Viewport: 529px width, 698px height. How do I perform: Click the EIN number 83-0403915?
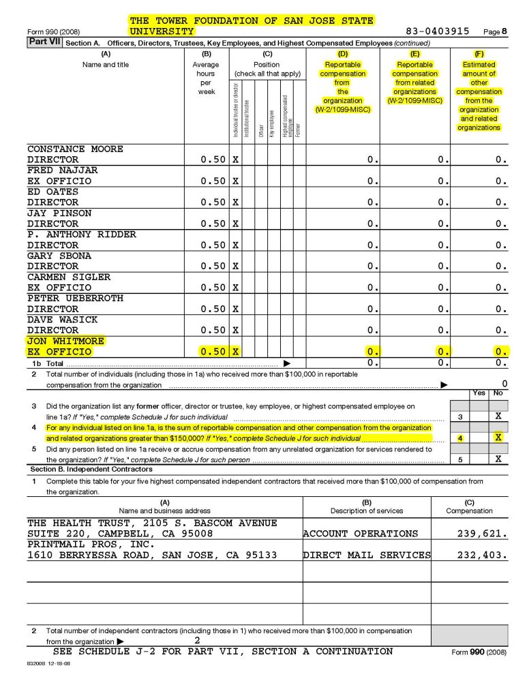437,31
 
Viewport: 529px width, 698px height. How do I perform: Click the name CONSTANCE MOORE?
75,149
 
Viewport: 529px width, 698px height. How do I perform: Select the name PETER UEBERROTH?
75,298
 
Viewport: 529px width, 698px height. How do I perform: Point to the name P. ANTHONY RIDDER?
82,234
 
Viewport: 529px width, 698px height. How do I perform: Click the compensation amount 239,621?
481,534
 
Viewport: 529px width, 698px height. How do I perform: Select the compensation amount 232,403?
481,555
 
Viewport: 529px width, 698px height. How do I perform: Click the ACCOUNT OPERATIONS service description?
361,534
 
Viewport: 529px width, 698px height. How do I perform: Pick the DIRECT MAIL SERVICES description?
367,555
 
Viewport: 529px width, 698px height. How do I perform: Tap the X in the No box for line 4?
498,438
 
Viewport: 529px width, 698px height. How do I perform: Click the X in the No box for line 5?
498,459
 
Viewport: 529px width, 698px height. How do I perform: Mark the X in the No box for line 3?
498,416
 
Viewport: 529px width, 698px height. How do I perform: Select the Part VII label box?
44,42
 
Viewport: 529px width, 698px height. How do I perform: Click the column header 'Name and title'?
106,65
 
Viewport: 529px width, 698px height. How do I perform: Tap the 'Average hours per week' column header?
206,78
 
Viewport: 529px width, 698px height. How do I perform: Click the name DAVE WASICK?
62,319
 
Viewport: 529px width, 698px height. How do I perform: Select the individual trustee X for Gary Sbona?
236,266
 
